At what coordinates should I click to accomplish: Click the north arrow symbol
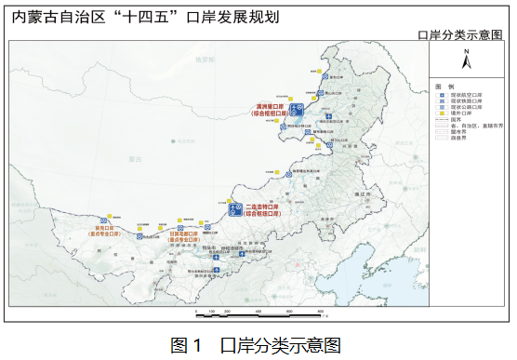(x=467, y=60)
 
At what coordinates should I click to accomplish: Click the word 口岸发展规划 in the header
(x=232, y=17)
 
